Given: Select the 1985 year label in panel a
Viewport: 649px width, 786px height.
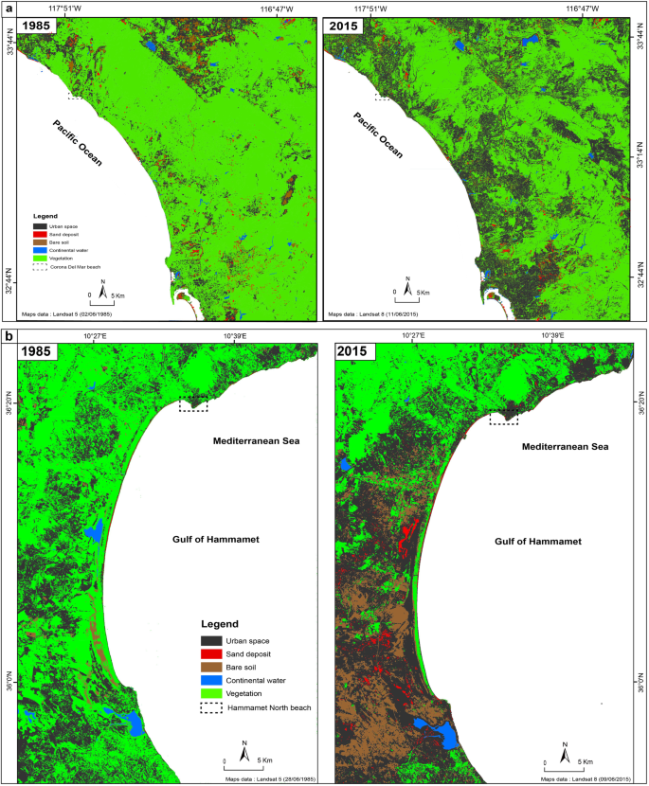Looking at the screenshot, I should [x=36, y=25].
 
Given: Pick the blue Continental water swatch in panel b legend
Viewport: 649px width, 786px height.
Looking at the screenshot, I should [x=213, y=679].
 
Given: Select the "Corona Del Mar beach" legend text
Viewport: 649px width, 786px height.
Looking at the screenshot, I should [x=75, y=267].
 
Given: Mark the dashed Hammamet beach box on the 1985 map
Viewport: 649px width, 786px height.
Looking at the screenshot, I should [x=193, y=404].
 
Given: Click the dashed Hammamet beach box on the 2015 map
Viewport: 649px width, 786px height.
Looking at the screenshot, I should [x=503, y=418].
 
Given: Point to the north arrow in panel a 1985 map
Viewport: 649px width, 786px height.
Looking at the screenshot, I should [x=104, y=286].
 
